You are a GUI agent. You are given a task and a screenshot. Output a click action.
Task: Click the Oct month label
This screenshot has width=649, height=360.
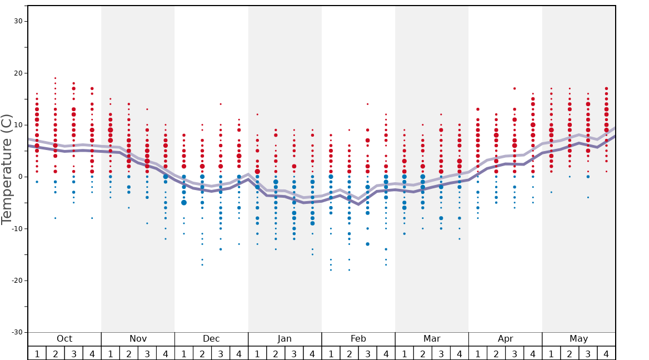[x=64, y=339]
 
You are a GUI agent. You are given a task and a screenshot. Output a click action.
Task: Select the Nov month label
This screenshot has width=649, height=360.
[x=138, y=339]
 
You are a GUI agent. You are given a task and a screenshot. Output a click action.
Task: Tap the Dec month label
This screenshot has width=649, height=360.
[x=211, y=339]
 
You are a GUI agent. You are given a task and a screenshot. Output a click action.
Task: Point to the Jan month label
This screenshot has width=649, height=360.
[x=284, y=339]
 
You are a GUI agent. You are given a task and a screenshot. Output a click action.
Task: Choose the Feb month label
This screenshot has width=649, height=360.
[x=358, y=339]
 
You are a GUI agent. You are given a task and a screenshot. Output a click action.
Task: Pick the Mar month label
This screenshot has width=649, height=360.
[x=432, y=339]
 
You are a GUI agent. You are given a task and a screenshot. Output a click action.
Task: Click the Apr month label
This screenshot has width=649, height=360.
[x=505, y=339]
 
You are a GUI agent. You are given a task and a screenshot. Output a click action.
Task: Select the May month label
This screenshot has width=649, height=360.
[x=578, y=339]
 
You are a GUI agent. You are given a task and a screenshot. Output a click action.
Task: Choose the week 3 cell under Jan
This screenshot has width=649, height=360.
[x=294, y=353]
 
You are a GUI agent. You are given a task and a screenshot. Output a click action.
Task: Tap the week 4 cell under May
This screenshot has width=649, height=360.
[x=606, y=353]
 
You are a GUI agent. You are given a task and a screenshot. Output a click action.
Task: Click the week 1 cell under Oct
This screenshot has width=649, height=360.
[x=37, y=353]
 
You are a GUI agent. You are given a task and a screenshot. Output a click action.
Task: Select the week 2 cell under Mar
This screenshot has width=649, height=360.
[x=423, y=353]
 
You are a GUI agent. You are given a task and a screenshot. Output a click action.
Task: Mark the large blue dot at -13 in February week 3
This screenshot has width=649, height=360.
[x=367, y=244]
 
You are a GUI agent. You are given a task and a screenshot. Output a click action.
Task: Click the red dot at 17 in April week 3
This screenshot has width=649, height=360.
[x=515, y=88]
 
